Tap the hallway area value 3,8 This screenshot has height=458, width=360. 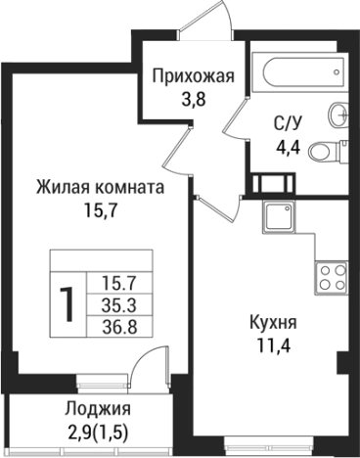click(192, 100)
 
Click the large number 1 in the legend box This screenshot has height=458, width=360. click(67, 305)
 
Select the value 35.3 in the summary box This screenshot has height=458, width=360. click(118, 304)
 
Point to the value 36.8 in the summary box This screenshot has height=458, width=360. click(118, 326)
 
